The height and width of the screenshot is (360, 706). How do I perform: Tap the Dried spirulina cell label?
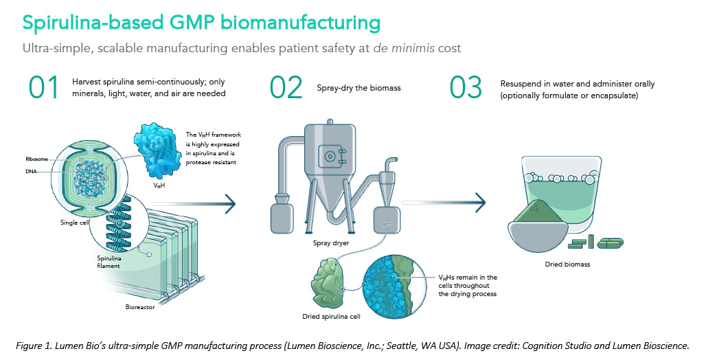pyautogui.click(x=330, y=317)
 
